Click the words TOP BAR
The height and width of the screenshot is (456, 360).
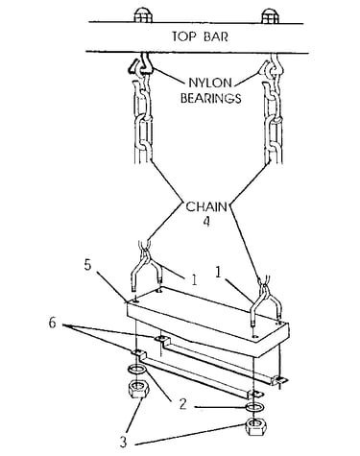[201, 36]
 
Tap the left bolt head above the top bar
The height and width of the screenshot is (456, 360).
[143, 15]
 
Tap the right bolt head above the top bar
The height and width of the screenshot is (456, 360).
[271, 16]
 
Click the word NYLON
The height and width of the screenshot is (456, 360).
[210, 83]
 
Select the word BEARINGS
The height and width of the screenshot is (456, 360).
[211, 98]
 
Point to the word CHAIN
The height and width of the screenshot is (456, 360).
[206, 206]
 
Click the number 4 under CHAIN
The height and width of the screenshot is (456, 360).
[207, 222]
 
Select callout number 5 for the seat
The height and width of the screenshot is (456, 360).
[88, 265]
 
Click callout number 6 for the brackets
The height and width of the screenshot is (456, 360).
[53, 324]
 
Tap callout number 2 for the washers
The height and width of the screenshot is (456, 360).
[182, 404]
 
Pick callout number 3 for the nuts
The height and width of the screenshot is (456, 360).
[123, 442]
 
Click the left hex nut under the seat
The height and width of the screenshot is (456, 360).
[138, 388]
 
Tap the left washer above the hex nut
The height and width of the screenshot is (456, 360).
[138, 370]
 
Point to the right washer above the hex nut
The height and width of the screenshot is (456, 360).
[253, 408]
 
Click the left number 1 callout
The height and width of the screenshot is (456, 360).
[194, 279]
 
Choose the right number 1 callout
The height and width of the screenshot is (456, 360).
[218, 273]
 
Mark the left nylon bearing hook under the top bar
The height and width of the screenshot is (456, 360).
[141, 64]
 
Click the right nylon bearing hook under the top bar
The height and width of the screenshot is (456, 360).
[271, 65]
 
